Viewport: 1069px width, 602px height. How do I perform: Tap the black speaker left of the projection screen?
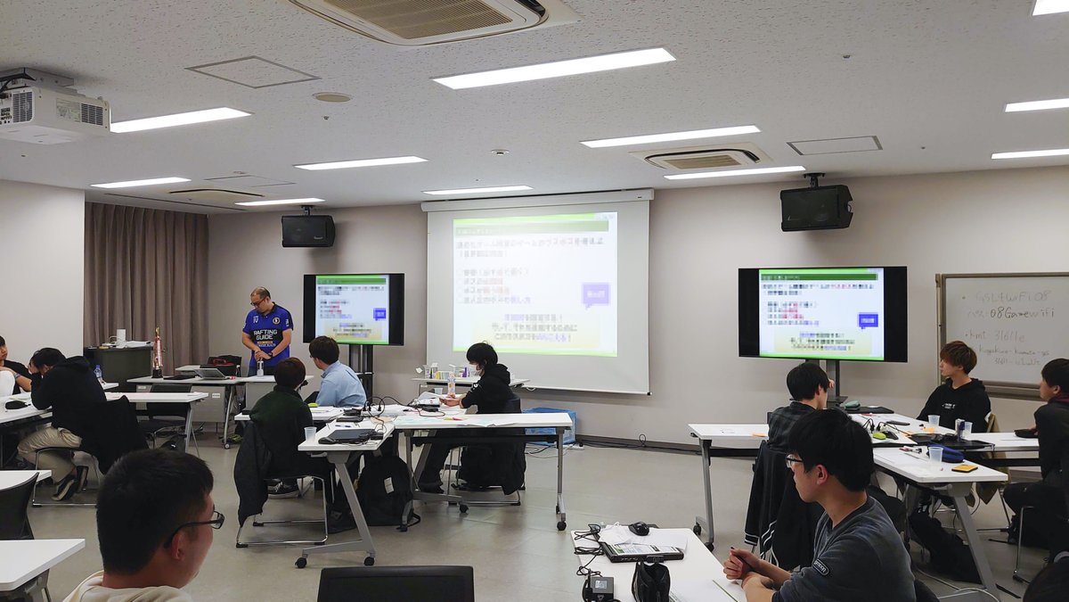(308, 230)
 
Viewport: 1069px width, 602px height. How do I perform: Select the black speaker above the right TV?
(816, 207)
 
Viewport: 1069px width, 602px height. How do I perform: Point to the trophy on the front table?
(157, 351)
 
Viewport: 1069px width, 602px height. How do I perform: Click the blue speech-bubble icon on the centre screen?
(595, 294)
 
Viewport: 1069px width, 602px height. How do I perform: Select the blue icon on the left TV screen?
(379, 314)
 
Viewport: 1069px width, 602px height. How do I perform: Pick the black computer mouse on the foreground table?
(639, 528)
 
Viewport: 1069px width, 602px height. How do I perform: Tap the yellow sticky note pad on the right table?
(965, 466)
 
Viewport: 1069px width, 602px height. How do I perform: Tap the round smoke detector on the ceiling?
(332, 96)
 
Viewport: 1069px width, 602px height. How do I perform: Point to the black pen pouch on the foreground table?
(650, 581)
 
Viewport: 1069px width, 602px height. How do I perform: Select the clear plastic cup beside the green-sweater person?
(310, 433)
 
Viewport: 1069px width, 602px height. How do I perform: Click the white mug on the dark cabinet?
(120, 339)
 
